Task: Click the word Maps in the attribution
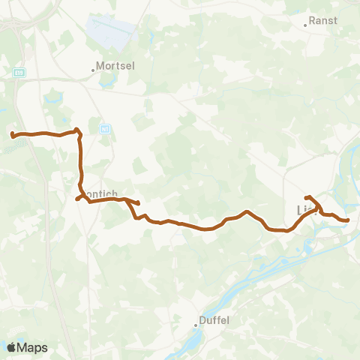pyautogui.click(x=33, y=348)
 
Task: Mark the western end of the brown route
pyautogui.click(x=12, y=135)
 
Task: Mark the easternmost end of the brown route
pyautogui.click(x=348, y=220)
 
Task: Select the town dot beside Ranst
pyautogui.click(x=304, y=25)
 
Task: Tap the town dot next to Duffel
pyautogui.click(x=196, y=325)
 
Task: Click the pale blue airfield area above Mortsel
pyautogui.click(x=112, y=30)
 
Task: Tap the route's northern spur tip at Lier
pyautogui.click(x=306, y=197)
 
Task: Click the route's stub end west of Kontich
pyautogui.click(x=77, y=199)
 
